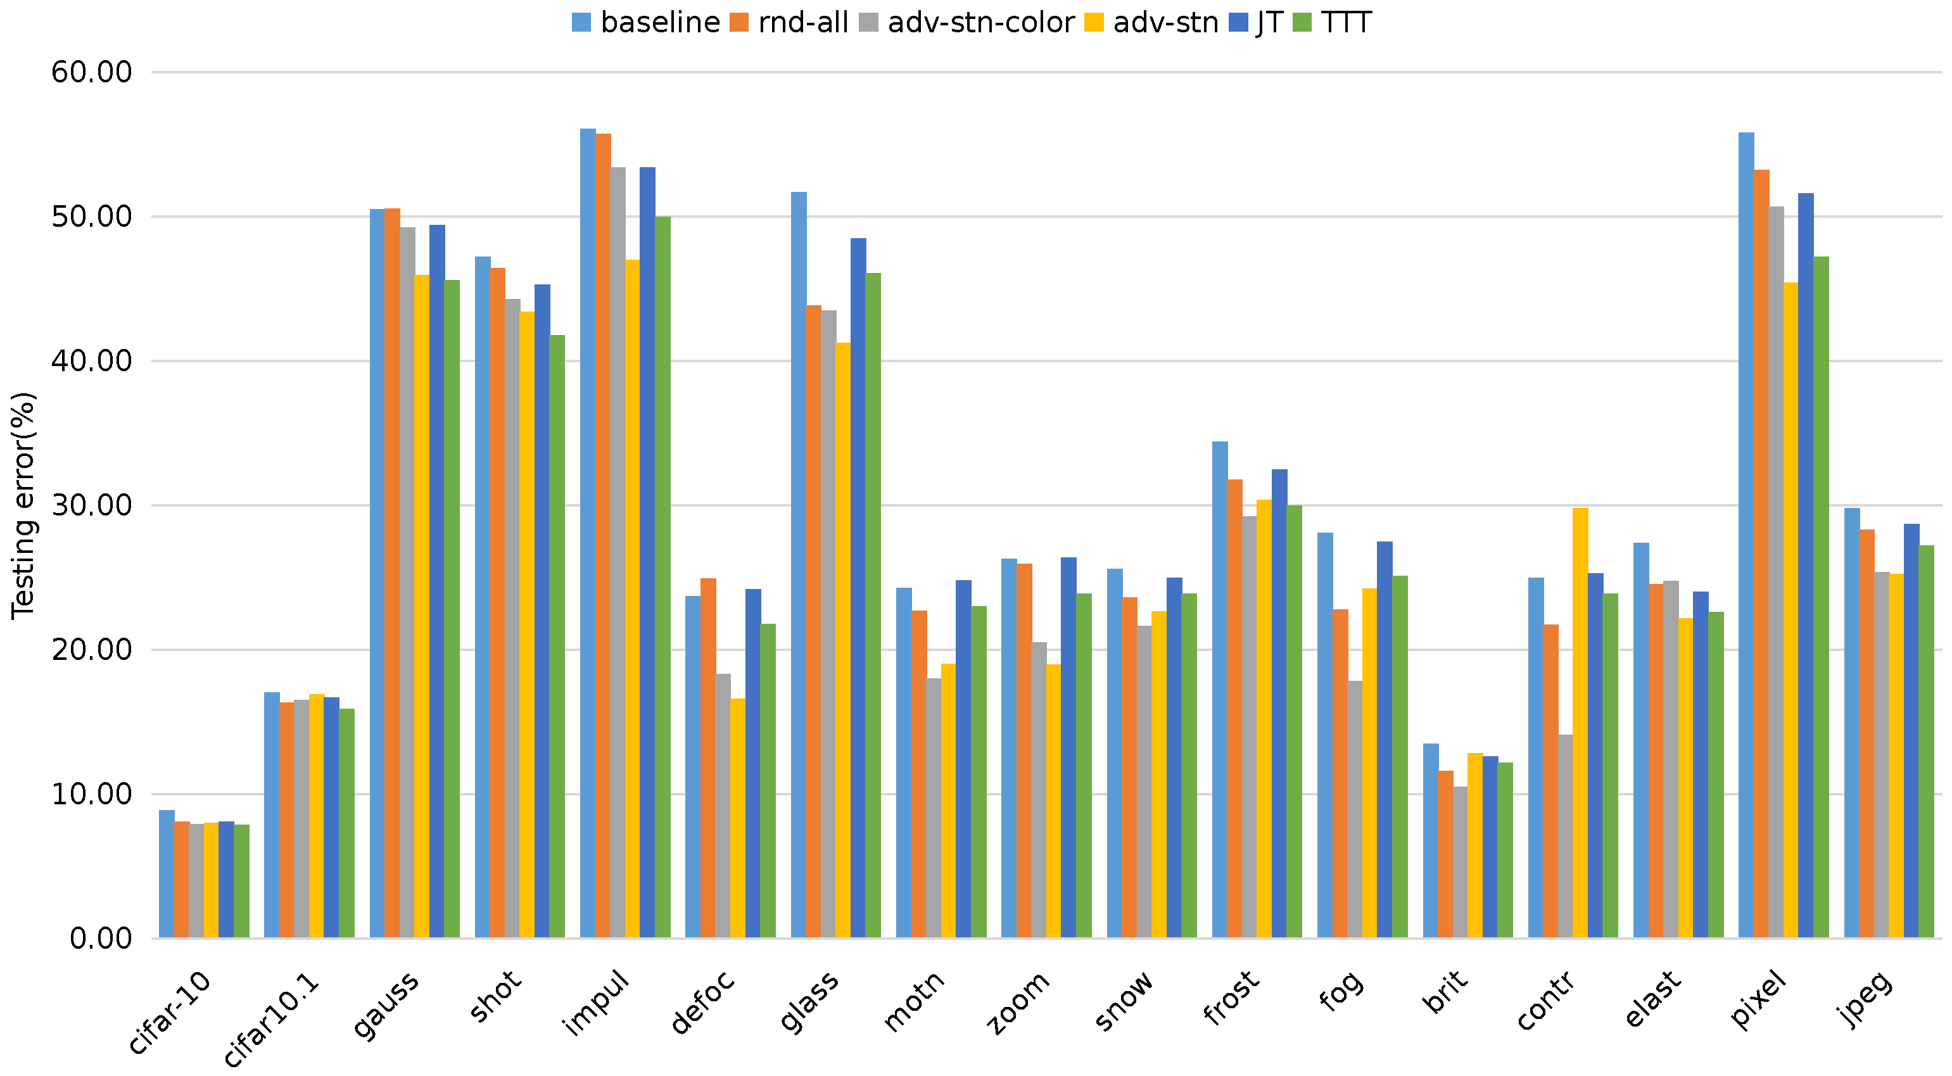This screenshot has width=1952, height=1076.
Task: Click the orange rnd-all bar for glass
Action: pos(813,621)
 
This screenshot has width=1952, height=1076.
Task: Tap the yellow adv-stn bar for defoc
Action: pos(737,818)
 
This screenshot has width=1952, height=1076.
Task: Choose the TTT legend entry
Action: pos(1346,23)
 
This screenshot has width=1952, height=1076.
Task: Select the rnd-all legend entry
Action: pos(802,23)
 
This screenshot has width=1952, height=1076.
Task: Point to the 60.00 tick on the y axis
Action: pos(92,73)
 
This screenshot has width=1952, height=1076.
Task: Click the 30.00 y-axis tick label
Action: pos(92,505)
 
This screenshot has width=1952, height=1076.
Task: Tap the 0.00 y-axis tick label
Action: pos(101,939)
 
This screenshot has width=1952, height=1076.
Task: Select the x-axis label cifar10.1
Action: pos(271,1019)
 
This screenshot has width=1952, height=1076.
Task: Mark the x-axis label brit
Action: pos(1446,992)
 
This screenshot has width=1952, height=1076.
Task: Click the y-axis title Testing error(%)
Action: pos(23,505)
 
